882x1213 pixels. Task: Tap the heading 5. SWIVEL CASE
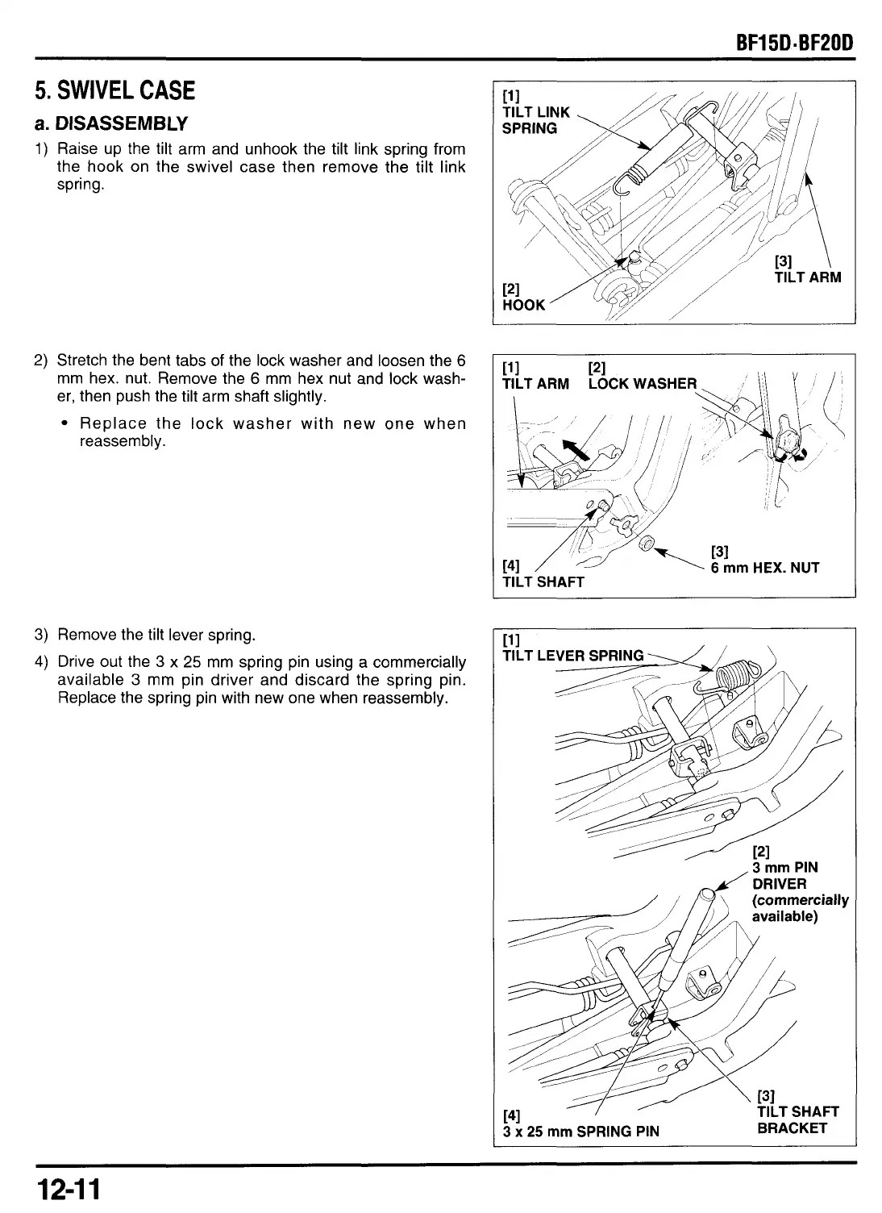[x=114, y=90]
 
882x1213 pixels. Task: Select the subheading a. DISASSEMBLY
[x=111, y=123]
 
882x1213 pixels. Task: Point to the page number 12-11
[x=66, y=1190]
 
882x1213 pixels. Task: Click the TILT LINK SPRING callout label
[x=535, y=120]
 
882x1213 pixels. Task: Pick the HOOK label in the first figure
[x=523, y=305]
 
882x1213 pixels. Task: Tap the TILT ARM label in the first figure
[x=807, y=277]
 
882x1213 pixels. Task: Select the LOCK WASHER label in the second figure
[x=642, y=383]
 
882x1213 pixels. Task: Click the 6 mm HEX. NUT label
[x=764, y=568]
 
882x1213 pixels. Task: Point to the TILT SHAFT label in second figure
[x=543, y=581]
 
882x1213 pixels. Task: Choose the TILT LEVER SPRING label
[x=572, y=656]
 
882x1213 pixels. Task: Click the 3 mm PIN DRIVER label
[x=784, y=876]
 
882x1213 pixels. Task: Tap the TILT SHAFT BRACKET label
[x=797, y=1120]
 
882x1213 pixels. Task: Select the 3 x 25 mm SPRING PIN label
[x=580, y=1131]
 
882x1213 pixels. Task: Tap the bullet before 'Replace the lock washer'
[x=62, y=424]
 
